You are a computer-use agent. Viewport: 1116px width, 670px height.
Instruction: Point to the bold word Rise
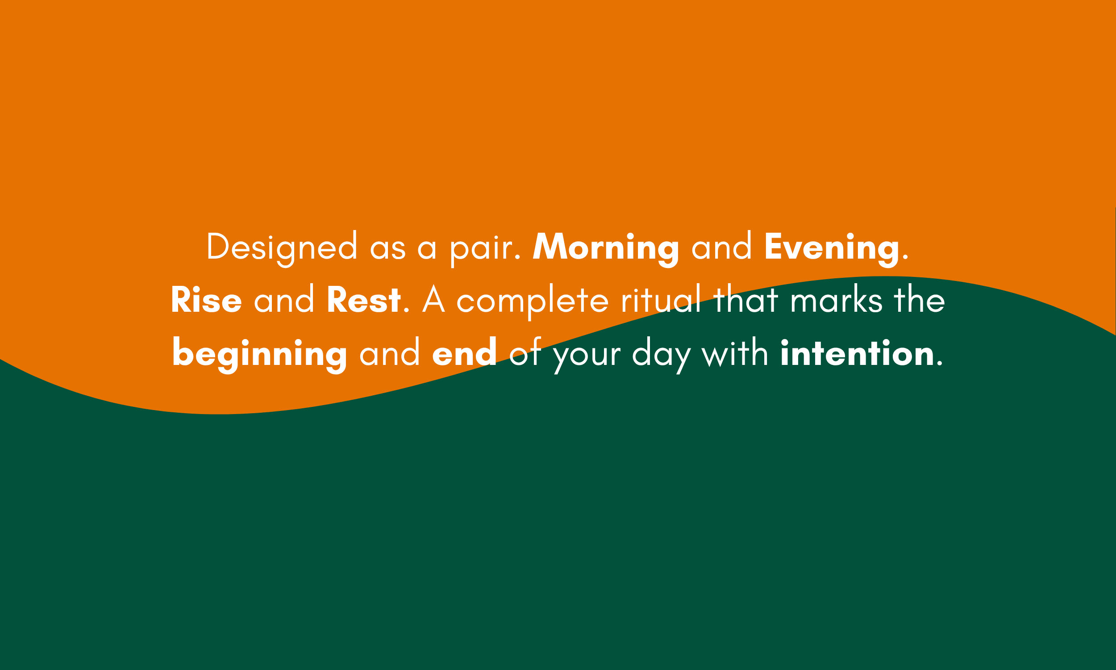pos(206,299)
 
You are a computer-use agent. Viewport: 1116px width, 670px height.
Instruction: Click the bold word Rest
pos(363,299)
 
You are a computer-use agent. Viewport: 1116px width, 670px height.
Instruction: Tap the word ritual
pos(661,298)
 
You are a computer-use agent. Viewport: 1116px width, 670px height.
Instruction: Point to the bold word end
pos(464,352)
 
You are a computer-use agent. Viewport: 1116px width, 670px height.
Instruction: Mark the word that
pos(745,298)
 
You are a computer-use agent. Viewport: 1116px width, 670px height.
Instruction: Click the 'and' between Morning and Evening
pos(722,246)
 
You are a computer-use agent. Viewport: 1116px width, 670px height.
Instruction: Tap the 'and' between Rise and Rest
pos(284,298)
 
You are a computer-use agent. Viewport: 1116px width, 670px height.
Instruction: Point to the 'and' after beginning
pos(390,352)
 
